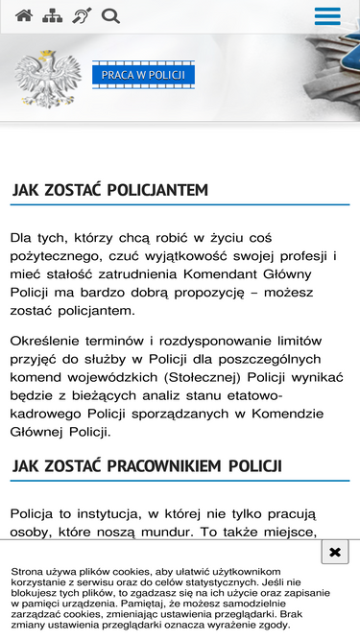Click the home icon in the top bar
[x=24, y=15]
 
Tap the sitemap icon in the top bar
[x=53, y=15]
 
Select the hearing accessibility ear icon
[x=82, y=15]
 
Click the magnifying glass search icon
[x=110, y=15]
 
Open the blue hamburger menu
[x=327, y=16]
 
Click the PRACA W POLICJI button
[x=143, y=75]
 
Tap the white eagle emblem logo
[x=49, y=78]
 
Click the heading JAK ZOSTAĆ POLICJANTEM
[x=109, y=190]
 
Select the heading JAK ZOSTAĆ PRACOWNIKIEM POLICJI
[x=146, y=466]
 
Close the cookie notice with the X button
[x=333, y=553]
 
